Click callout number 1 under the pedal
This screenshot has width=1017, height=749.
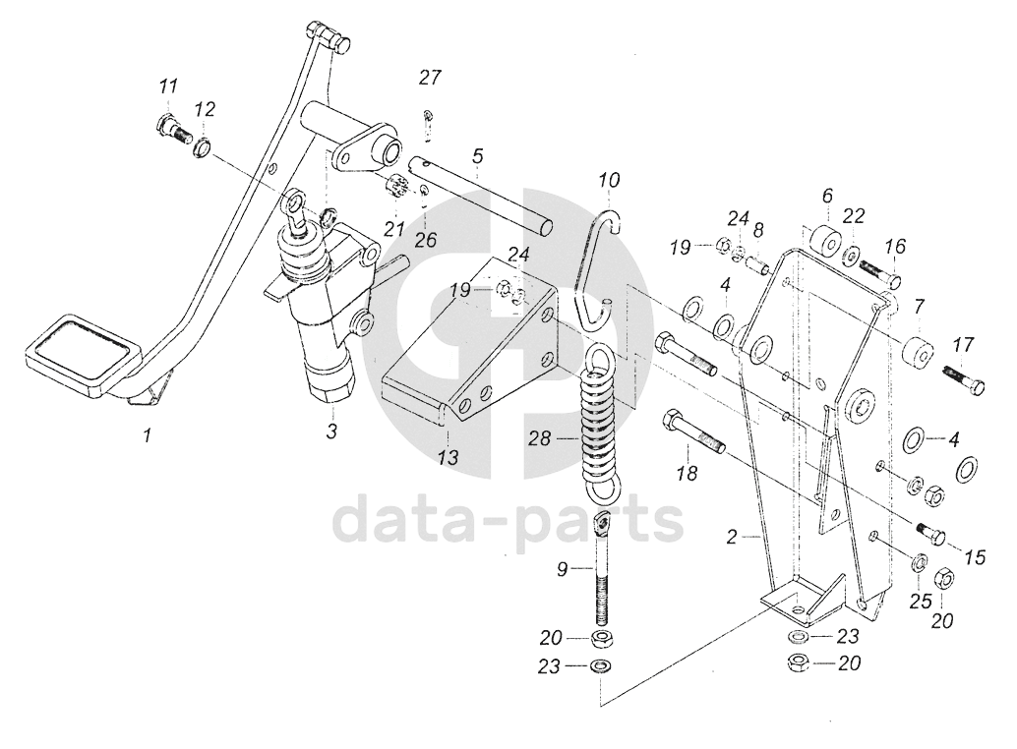coord(147,433)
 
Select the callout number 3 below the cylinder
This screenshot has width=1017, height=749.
coord(331,431)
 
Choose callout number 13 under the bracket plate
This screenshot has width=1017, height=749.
coord(448,457)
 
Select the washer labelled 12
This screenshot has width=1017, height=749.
coord(202,147)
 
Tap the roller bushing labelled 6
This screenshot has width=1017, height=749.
coord(823,240)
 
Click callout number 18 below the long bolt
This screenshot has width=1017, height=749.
coord(687,473)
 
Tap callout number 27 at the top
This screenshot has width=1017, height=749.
coord(431,78)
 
